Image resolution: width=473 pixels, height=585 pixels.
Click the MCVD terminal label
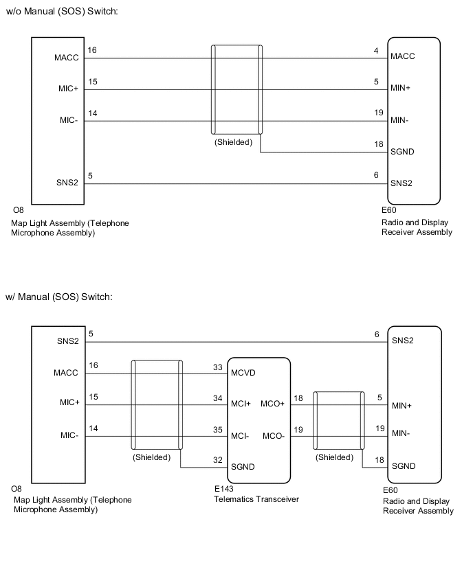pyautogui.click(x=243, y=374)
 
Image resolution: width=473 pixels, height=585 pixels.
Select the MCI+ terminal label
pyautogui.click(x=241, y=404)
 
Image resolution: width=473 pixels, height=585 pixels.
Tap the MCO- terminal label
pyautogui.click(x=273, y=435)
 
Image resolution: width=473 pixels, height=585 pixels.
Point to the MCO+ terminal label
pyautogui.click(x=274, y=404)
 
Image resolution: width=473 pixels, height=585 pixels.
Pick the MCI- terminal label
pyautogui.click(x=241, y=435)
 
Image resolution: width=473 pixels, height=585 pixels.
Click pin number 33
pyautogui.click(x=218, y=367)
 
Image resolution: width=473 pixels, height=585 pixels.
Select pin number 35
pyautogui.click(x=218, y=429)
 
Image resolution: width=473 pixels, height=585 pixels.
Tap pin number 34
pyautogui.click(x=218, y=398)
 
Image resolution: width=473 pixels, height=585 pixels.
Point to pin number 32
pyautogui.click(x=218, y=460)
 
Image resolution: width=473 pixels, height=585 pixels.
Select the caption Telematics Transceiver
pyautogui.click(x=256, y=499)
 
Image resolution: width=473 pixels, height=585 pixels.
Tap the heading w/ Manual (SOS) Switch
pyautogui.click(x=59, y=297)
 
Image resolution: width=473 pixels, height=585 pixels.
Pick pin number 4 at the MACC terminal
pyautogui.click(x=377, y=50)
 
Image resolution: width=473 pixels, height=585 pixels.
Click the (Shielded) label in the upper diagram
pyautogui.click(x=233, y=143)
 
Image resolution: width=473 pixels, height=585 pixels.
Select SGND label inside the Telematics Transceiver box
pyautogui.click(x=243, y=467)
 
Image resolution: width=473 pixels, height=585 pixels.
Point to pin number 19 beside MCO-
pyautogui.click(x=298, y=429)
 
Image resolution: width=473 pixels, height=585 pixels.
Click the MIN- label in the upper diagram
pyautogui.click(x=401, y=121)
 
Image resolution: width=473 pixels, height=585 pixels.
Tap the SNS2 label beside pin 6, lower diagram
pyautogui.click(x=404, y=341)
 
